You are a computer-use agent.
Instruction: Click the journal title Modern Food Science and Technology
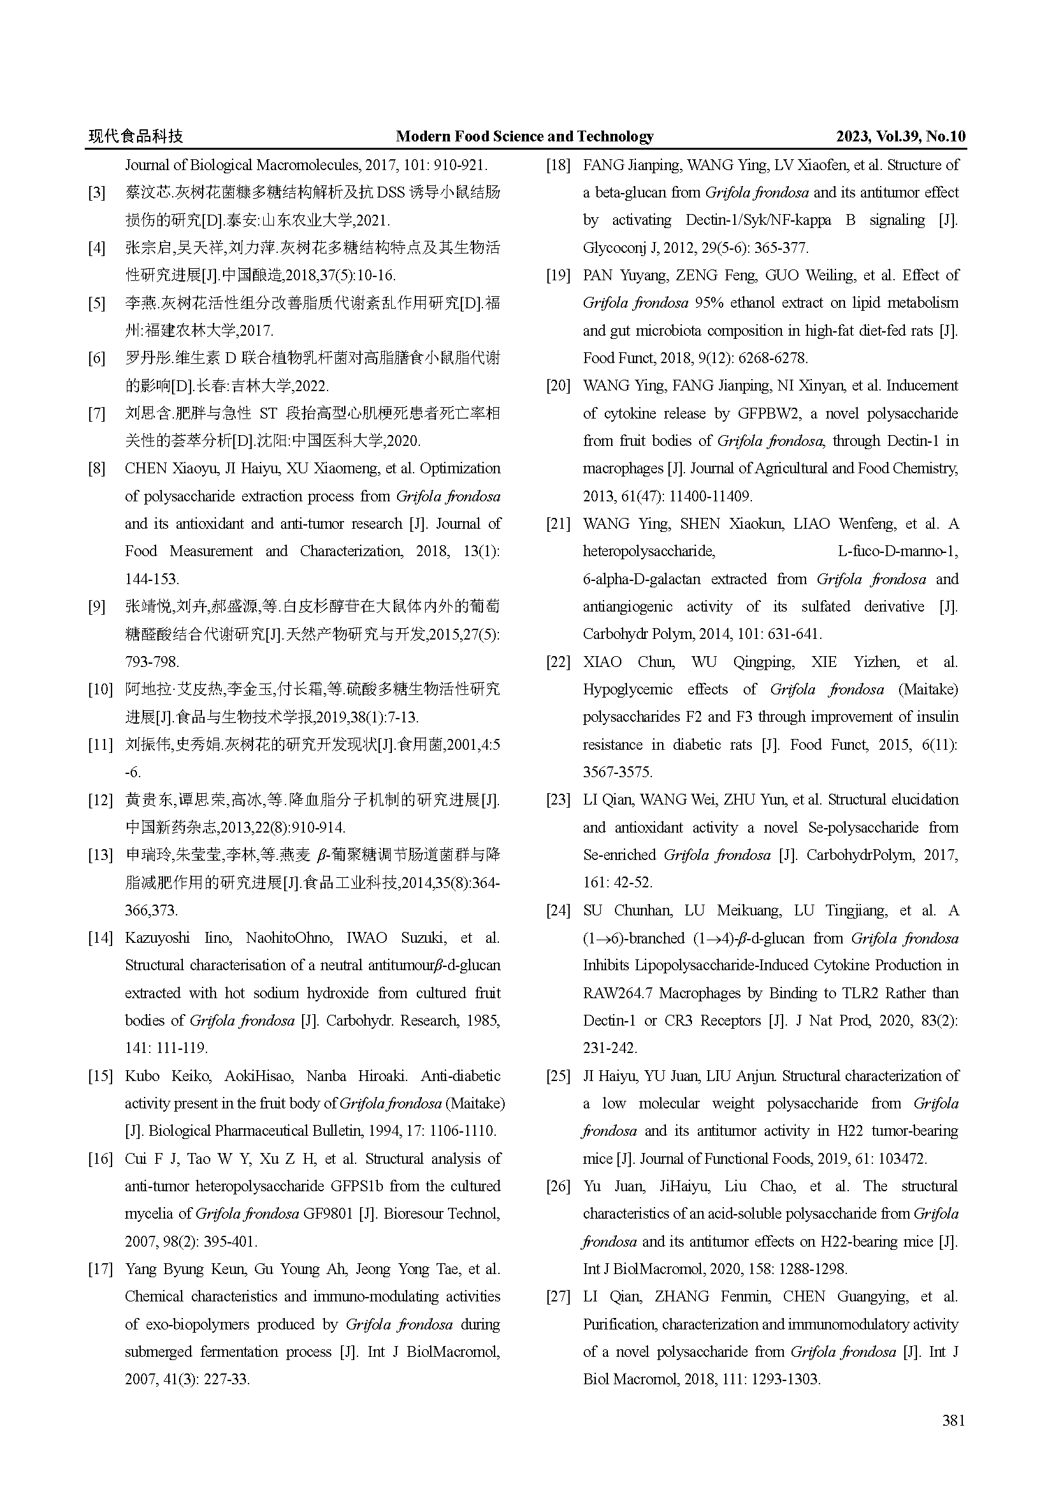(x=524, y=136)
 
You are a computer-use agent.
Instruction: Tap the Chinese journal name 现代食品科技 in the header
(x=136, y=136)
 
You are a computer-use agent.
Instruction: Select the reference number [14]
(x=101, y=938)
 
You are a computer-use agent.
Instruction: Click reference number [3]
(x=97, y=193)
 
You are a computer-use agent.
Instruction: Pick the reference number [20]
(x=558, y=385)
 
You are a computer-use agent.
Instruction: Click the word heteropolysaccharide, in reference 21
(x=648, y=552)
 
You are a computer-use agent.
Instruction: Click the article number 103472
(x=903, y=1158)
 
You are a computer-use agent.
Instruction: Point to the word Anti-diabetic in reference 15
(x=460, y=1076)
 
